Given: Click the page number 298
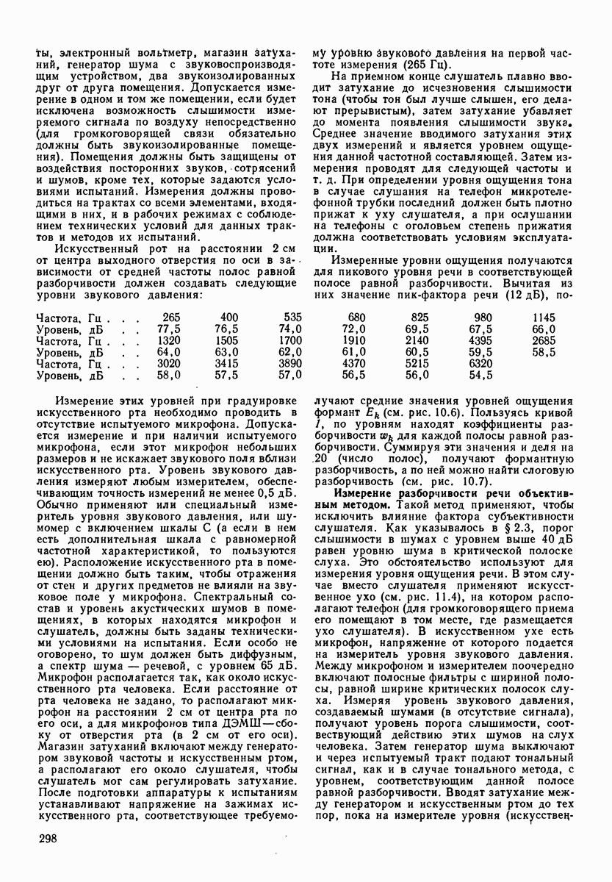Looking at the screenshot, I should (x=47, y=839).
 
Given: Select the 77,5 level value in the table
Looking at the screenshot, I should (x=170, y=329).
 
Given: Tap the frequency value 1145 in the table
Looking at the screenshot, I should (x=544, y=317).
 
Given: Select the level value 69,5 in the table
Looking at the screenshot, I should (x=417, y=329).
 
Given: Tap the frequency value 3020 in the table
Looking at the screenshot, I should (x=170, y=363).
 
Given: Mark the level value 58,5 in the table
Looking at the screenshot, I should (x=544, y=352).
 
